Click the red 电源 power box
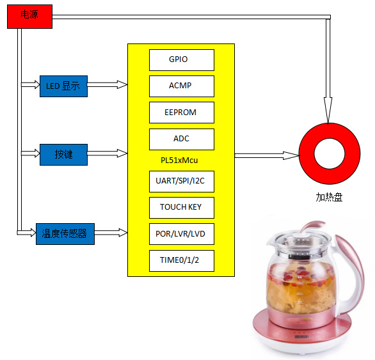(29, 17)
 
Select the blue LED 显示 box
(63, 86)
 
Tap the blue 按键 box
(63, 155)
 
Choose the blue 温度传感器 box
(65, 234)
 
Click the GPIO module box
(182, 60)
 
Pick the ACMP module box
(182, 86)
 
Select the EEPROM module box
(182, 113)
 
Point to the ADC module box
(182, 139)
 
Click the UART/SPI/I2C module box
(182, 182)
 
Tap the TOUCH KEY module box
(182, 208)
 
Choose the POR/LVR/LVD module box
(182, 234)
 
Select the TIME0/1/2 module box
(182, 261)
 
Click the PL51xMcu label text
(179, 160)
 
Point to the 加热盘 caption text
(329, 197)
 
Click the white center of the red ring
(330, 153)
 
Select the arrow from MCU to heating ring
(267, 155)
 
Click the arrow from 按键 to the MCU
(108, 153)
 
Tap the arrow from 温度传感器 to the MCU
(111, 233)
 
